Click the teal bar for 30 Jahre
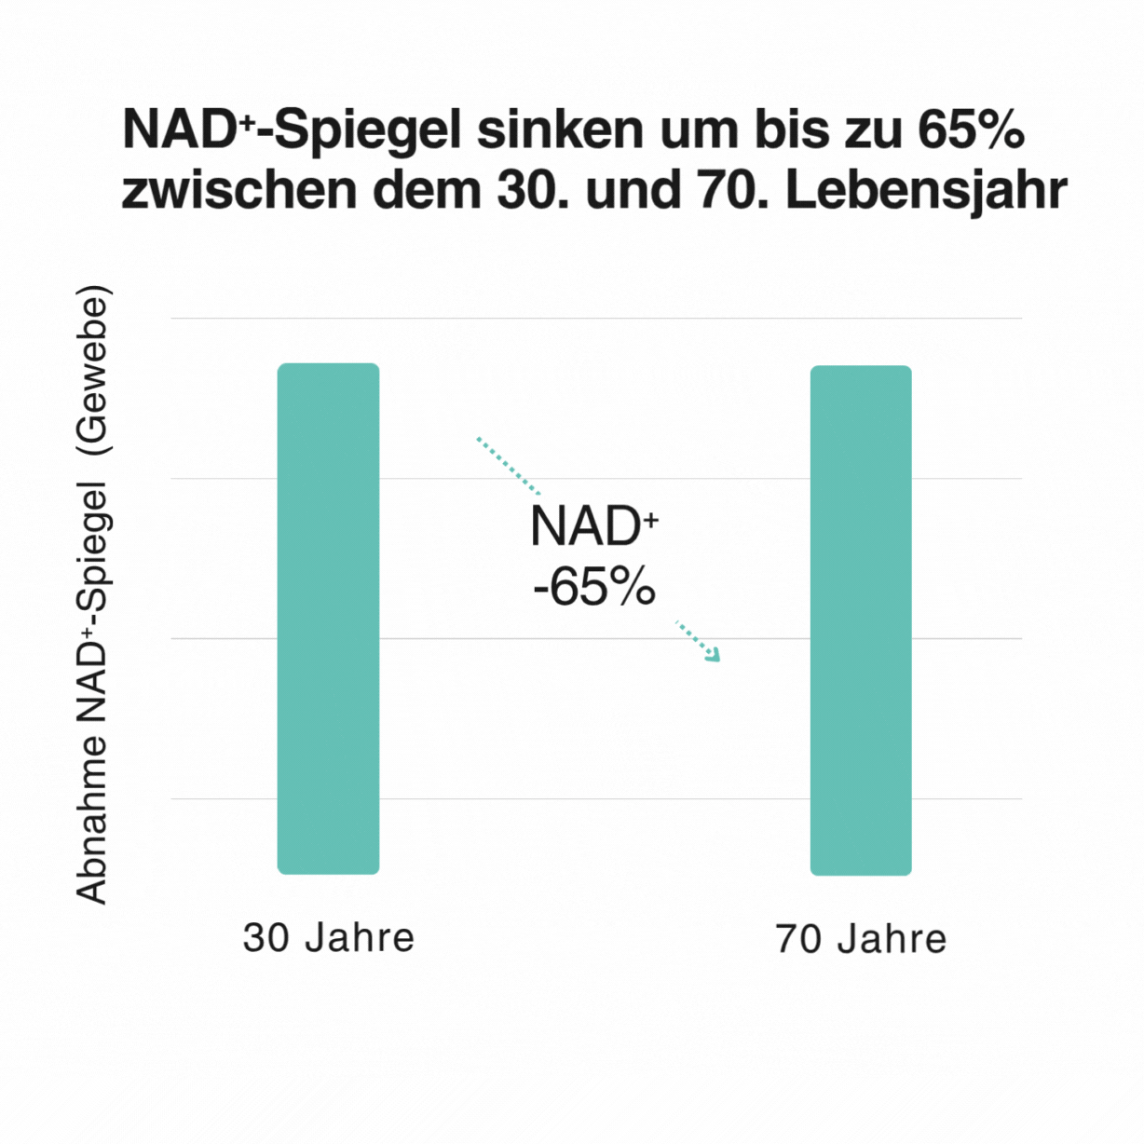point(328,619)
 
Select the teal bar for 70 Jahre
point(861,620)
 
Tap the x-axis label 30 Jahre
point(328,937)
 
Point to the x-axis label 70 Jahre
point(861,938)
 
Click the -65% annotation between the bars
point(594,588)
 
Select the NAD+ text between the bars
point(593,526)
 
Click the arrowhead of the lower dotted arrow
point(714,655)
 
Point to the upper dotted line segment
point(508,465)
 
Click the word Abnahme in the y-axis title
point(92,819)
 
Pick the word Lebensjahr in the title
point(926,190)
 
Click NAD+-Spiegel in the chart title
point(291,130)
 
